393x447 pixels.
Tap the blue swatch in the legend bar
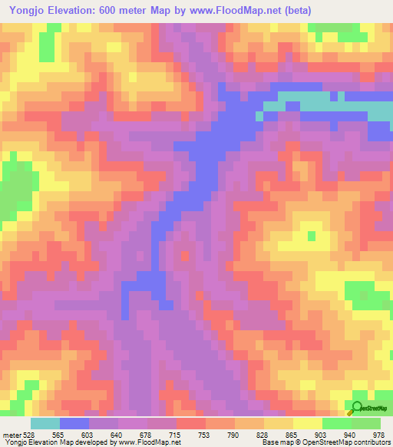[74, 423]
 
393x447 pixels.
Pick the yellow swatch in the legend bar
[306, 423]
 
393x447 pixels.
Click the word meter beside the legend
[12, 434]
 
